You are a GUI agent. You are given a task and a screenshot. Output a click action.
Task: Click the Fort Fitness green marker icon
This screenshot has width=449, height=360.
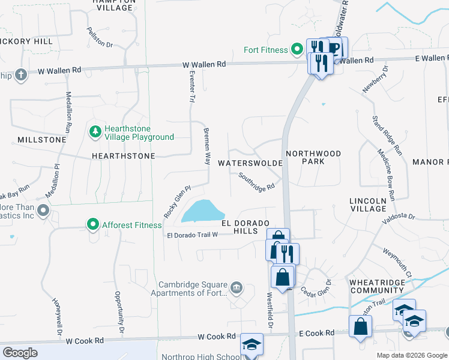[x=297, y=49]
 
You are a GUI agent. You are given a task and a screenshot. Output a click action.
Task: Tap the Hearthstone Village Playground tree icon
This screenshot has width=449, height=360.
[x=94, y=131]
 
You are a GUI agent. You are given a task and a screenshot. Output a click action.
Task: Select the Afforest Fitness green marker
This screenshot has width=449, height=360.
[x=92, y=225]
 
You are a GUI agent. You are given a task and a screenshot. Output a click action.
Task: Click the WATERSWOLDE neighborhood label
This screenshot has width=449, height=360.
[x=250, y=163]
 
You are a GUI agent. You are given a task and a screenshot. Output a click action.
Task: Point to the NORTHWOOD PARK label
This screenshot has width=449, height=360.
[x=313, y=157]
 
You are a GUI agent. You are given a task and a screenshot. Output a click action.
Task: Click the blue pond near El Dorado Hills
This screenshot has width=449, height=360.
[x=202, y=211]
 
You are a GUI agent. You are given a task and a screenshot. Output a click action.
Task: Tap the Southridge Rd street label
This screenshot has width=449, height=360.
[x=256, y=181]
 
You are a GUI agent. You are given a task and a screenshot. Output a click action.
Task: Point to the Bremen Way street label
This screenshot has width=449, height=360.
[x=207, y=146]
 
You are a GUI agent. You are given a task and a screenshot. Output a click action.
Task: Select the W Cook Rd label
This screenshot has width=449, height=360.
[x=85, y=341]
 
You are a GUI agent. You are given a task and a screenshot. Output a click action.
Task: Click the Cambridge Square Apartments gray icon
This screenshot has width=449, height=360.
[x=237, y=287]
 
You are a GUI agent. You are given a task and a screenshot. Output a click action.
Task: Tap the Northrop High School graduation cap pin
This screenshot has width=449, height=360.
[x=252, y=344]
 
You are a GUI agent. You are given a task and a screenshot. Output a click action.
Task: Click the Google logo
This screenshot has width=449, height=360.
[x=20, y=353]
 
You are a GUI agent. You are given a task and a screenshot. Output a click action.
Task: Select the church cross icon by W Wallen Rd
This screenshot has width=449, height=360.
[x=21, y=74]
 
